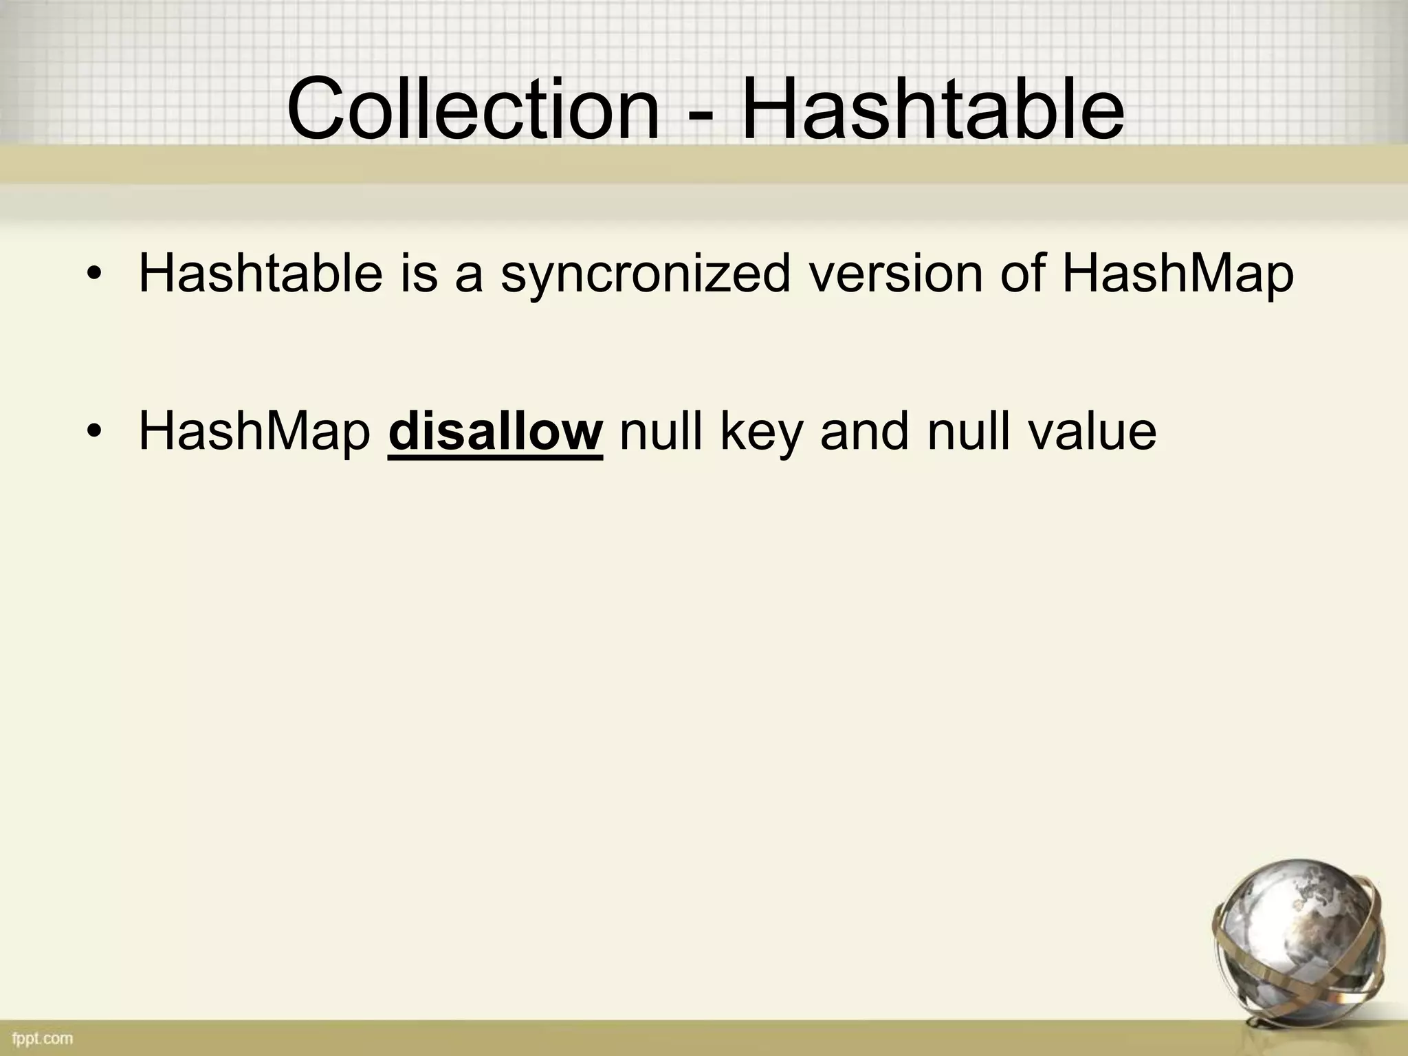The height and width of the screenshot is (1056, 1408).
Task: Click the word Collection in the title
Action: (x=473, y=110)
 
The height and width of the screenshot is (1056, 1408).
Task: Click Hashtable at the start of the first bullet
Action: (x=260, y=274)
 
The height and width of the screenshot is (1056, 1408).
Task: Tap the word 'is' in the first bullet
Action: (x=419, y=274)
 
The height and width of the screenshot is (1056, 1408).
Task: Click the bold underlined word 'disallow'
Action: (x=496, y=432)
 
